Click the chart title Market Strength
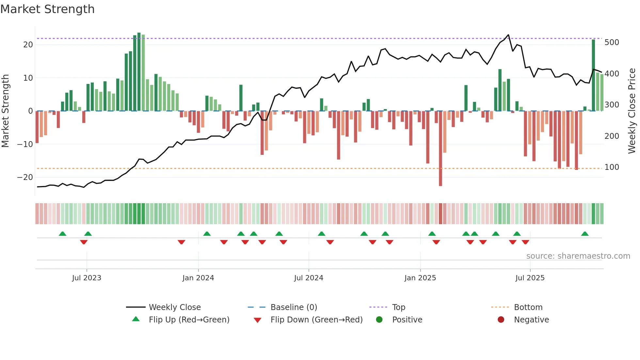point(47,9)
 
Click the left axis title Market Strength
point(5,111)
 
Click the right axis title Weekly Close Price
point(632,111)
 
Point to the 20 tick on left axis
point(28,45)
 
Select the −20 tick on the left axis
point(25,177)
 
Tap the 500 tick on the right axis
point(612,42)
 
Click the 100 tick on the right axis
point(612,167)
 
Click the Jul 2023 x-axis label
point(87,278)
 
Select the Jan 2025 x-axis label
point(420,278)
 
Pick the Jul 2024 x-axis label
point(309,278)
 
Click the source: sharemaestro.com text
point(578,256)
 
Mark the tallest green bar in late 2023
point(139,72)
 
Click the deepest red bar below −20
point(440,149)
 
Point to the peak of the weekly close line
point(508,35)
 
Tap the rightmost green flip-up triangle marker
point(585,234)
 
